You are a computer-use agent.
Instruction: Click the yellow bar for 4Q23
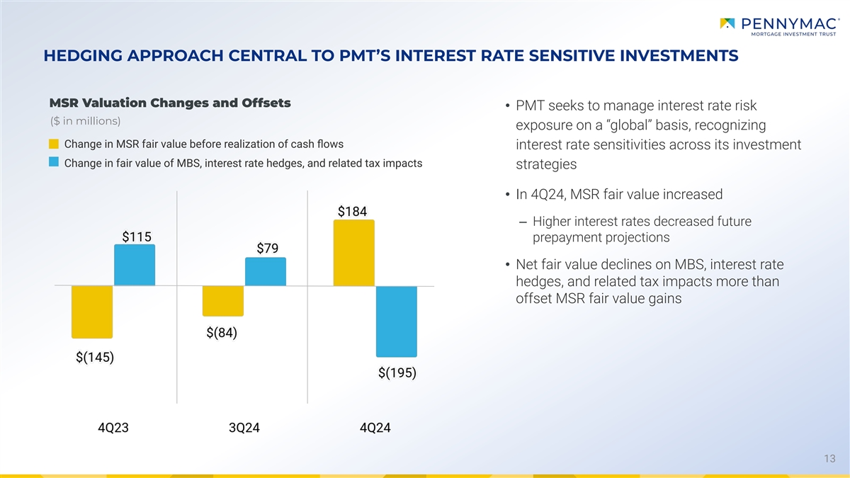click(92, 312)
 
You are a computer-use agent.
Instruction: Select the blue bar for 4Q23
click(135, 265)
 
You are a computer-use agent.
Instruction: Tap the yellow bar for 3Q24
click(223, 301)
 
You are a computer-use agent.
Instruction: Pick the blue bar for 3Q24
click(266, 272)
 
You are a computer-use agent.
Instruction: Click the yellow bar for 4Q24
click(354, 253)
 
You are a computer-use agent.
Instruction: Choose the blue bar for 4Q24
click(397, 321)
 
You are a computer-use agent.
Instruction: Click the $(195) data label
click(397, 372)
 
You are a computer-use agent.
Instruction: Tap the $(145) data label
click(95, 357)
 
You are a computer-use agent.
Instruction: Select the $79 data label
click(268, 248)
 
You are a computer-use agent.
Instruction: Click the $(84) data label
click(222, 332)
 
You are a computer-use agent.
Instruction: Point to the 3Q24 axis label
click(244, 428)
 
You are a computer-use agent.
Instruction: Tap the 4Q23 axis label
click(113, 428)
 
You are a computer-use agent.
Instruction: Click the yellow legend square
click(54, 144)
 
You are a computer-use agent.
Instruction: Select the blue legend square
click(54, 163)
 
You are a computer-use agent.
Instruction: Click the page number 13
click(831, 460)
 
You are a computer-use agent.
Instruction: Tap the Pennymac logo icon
click(727, 24)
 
